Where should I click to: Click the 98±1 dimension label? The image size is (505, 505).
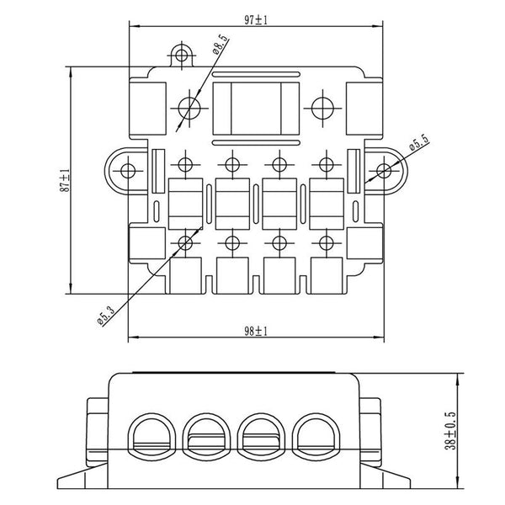click(254, 331)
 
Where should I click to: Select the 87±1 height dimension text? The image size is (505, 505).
click(63, 181)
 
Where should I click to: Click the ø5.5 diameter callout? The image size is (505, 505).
click(418, 144)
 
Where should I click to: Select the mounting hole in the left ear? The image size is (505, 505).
click(127, 170)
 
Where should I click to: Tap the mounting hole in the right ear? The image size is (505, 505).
click(383, 170)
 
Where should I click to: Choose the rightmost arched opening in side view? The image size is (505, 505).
click(321, 435)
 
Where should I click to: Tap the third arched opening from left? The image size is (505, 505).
click(264, 435)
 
